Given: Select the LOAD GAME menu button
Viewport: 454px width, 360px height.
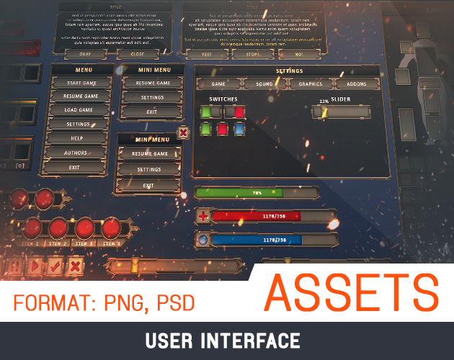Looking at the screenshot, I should point(79,110).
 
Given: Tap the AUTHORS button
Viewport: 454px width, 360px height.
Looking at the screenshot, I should point(76,153).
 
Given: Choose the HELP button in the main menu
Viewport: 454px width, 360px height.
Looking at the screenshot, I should point(77,138).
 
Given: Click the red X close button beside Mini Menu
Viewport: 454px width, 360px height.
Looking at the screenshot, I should point(183,132).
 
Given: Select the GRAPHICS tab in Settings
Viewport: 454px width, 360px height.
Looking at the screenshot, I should point(306,84).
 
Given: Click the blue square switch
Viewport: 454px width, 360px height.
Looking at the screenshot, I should point(240,129).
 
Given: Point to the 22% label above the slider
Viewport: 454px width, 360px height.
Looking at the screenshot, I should point(324,102).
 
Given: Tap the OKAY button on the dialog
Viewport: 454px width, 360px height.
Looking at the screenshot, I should point(85,54).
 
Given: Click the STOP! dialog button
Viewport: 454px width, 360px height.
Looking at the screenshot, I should point(250,54).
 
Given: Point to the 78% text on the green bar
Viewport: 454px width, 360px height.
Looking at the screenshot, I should point(257,193).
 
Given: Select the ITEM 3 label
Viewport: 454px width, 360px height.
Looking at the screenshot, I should point(85,245).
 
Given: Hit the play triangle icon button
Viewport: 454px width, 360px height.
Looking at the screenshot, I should point(34,266).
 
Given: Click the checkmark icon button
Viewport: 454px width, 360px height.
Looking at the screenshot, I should point(55,266).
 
